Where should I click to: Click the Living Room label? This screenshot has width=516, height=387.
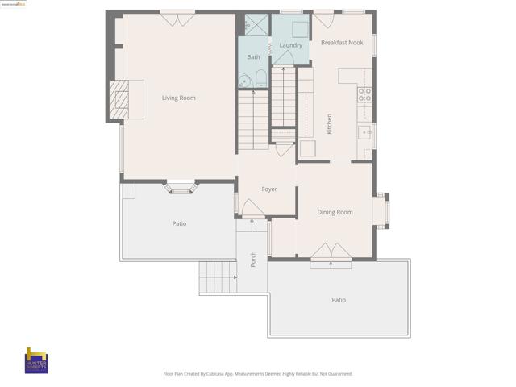178,98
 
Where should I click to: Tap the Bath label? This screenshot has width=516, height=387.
253,57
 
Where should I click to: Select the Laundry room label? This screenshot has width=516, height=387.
290,45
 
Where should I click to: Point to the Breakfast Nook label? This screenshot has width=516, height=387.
341,42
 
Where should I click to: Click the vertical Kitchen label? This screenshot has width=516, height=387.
329,123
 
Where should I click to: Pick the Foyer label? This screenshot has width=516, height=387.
269,189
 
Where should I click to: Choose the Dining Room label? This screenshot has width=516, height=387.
335,212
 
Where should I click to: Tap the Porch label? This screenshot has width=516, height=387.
253,259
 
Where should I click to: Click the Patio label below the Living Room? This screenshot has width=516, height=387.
179,223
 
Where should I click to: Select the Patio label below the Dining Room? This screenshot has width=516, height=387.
339,300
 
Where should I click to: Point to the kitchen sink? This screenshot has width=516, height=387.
366,131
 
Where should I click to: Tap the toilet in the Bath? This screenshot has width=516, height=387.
260,79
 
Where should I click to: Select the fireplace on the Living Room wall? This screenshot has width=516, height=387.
122,98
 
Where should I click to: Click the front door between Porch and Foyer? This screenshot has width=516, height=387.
253,209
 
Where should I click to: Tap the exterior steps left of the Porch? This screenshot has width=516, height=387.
218,279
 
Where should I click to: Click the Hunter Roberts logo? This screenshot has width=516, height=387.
37,360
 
